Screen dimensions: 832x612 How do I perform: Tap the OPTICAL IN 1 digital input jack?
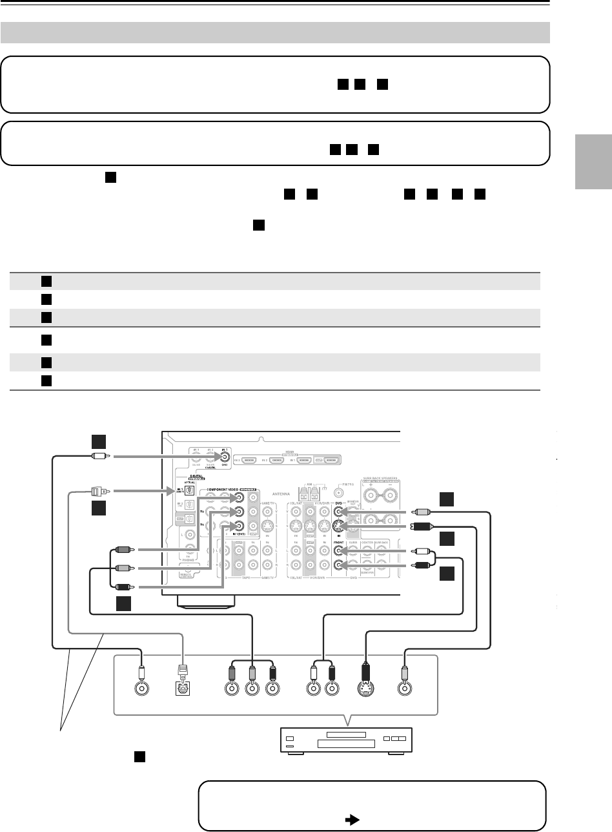click(x=189, y=491)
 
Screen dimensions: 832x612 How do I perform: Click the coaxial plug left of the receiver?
click(x=99, y=456)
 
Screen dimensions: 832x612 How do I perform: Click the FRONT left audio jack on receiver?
click(x=338, y=551)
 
